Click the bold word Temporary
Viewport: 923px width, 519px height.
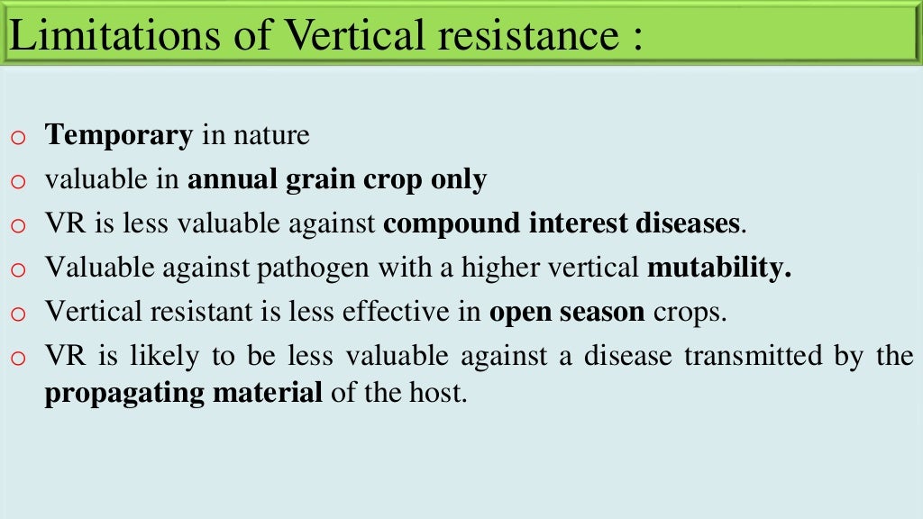[x=119, y=136]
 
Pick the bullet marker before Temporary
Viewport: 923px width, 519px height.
[x=20, y=139]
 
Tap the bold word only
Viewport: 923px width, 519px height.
[x=458, y=180]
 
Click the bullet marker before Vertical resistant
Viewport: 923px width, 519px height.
[x=20, y=314]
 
